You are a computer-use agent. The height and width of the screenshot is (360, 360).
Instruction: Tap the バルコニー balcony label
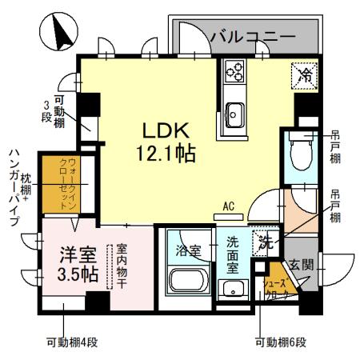pos(252,36)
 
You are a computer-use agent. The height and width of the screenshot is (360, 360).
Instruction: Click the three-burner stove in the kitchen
pos(237,73)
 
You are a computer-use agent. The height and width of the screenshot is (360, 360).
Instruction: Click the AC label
pos(229,206)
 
